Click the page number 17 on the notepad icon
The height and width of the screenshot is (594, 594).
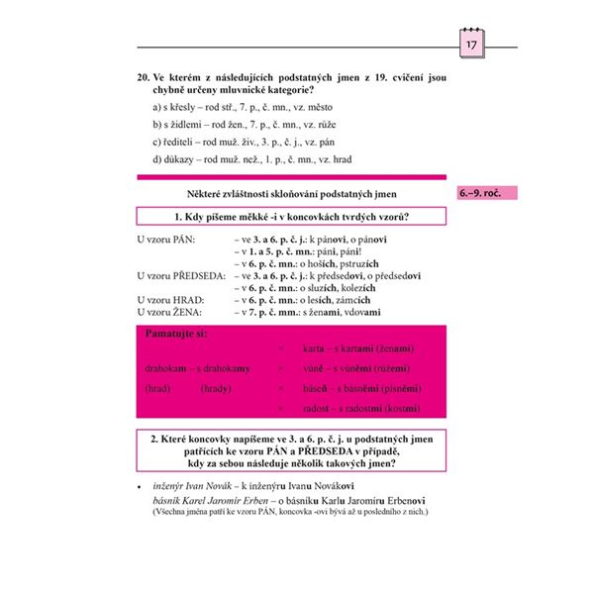click(471, 47)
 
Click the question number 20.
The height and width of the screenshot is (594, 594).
click(145, 74)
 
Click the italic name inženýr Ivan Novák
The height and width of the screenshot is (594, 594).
click(192, 486)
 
